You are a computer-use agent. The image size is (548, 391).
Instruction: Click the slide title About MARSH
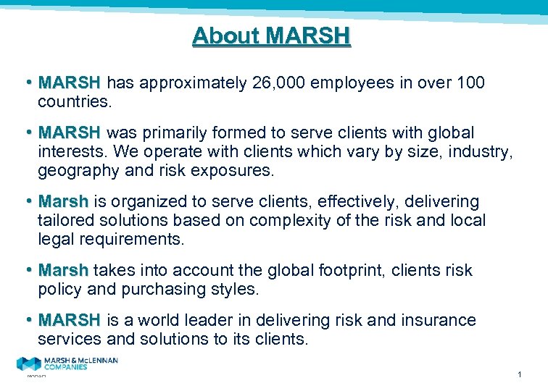click(271, 35)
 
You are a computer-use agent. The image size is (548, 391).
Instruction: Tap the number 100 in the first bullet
click(470, 83)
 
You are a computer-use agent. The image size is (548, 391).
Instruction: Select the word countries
click(75, 101)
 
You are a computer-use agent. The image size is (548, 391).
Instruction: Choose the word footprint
click(350, 270)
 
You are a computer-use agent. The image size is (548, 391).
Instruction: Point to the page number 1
click(520, 374)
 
